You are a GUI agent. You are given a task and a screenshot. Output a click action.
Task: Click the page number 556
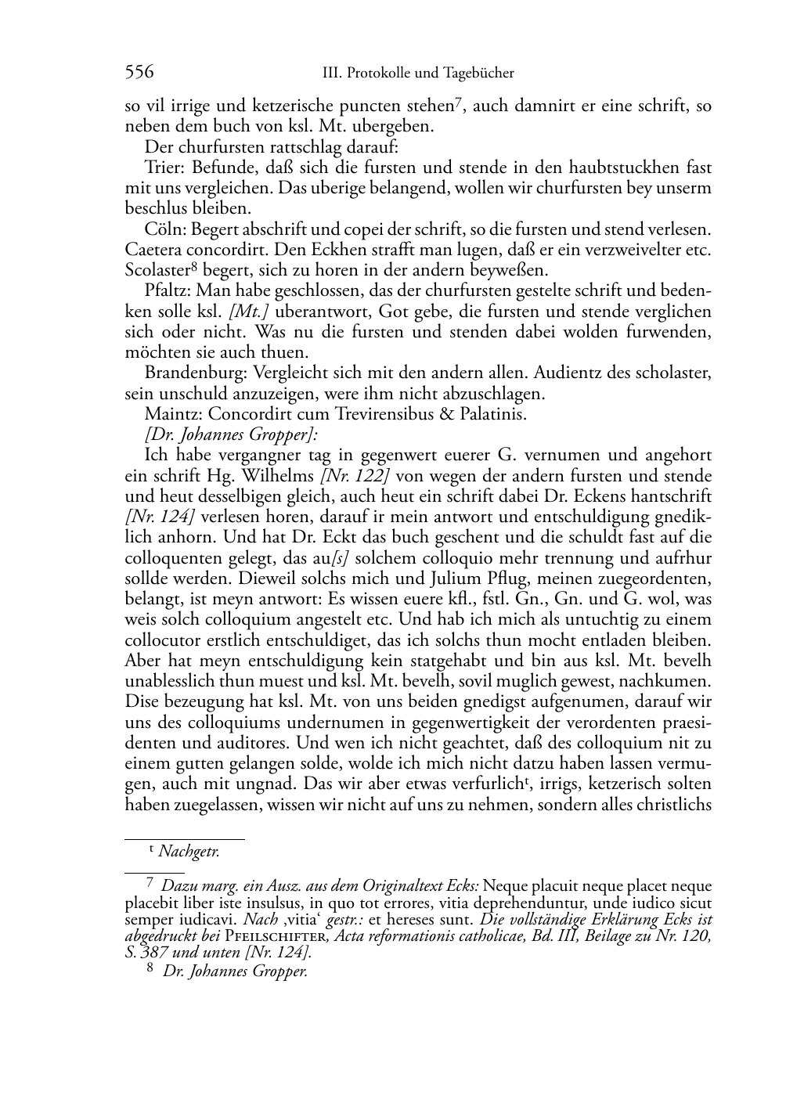(x=139, y=73)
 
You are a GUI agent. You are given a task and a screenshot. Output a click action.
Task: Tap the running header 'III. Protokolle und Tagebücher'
(x=418, y=74)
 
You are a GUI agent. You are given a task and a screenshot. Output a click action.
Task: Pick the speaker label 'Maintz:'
(x=169, y=413)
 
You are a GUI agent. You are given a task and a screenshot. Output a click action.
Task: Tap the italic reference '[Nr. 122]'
(x=358, y=475)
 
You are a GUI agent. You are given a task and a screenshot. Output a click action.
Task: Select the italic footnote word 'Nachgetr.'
(x=189, y=852)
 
